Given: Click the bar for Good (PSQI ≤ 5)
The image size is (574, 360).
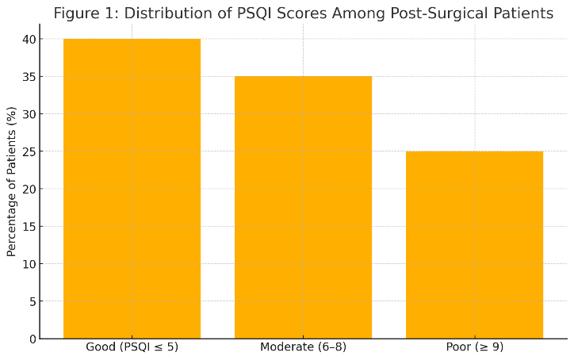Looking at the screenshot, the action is coord(132,189).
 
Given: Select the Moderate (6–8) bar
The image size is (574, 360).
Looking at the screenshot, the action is coord(303,207).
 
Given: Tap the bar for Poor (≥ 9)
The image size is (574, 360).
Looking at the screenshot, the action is coord(474,245).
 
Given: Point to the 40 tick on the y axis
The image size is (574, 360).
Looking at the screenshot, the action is coord(29,39).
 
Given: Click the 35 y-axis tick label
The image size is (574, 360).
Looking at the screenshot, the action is coord(29,77).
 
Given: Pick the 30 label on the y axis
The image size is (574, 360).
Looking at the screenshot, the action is coord(29,114).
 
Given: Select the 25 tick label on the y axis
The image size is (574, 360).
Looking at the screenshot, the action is coord(29,151).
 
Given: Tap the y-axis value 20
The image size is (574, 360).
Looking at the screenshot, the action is coord(29,189).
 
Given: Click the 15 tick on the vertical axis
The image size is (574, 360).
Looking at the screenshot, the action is coord(29,227).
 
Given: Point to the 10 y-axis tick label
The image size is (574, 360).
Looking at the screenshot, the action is coord(29,264).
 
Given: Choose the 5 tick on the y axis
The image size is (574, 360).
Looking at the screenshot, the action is coord(33,301).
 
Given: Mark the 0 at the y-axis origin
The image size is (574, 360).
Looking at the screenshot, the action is coord(33,339).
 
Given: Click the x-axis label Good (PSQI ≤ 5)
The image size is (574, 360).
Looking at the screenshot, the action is coord(132,347).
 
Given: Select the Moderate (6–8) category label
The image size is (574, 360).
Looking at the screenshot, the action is coord(303,347).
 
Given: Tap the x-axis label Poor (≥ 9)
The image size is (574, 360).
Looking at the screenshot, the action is coord(474,347).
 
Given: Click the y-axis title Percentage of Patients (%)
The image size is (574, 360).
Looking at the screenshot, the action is coord(11,182).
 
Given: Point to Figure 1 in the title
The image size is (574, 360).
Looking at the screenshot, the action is coord(86,14).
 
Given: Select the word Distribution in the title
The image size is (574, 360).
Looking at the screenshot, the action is coord(170,13).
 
